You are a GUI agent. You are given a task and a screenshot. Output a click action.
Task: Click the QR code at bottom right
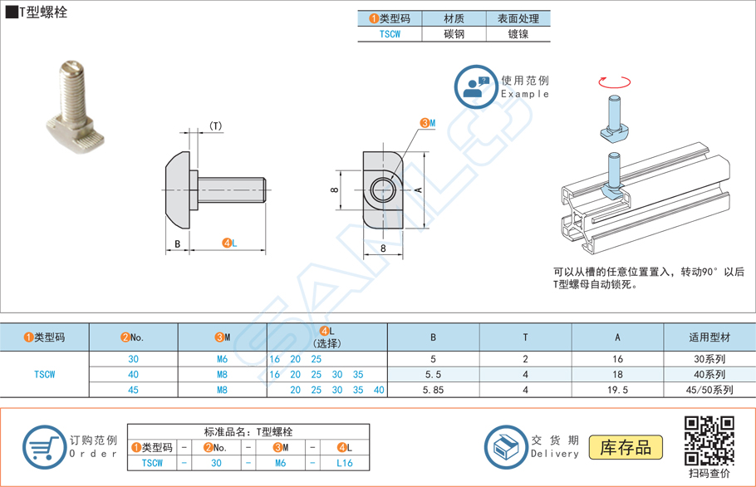(709, 440)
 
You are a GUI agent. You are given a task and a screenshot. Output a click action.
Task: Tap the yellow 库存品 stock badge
(626, 447)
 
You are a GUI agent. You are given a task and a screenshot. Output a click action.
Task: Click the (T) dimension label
(215, 126)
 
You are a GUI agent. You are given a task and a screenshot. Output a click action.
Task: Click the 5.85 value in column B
(433, 390)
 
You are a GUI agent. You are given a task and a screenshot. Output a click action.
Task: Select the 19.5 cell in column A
(617, 390)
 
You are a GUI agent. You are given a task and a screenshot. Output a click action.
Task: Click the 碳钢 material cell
(454, 34)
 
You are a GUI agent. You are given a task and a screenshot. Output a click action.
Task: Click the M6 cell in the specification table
(222, 359)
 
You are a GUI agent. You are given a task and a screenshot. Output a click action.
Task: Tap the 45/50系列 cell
(709, 390)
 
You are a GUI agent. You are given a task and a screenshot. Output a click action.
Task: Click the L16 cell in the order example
(345, 463)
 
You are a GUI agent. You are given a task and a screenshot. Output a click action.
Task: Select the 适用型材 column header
(709, 337)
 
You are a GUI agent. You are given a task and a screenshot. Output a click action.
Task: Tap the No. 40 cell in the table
(133, 375)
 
